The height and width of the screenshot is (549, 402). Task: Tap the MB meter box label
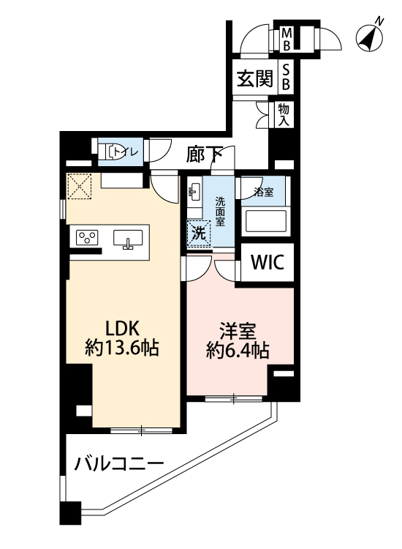click(x=287, y=38)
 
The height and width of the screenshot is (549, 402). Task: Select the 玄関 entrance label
click(x=254, y=78)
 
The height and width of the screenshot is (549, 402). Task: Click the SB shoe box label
click(x=287, y=77)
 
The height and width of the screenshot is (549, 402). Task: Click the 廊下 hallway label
click(x=204, y=154)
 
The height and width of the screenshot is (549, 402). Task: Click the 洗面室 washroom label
click(x=220, y=211)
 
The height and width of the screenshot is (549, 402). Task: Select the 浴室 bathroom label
click(x=264, y=193)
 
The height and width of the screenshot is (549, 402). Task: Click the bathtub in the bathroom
click(x=265, y=220)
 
